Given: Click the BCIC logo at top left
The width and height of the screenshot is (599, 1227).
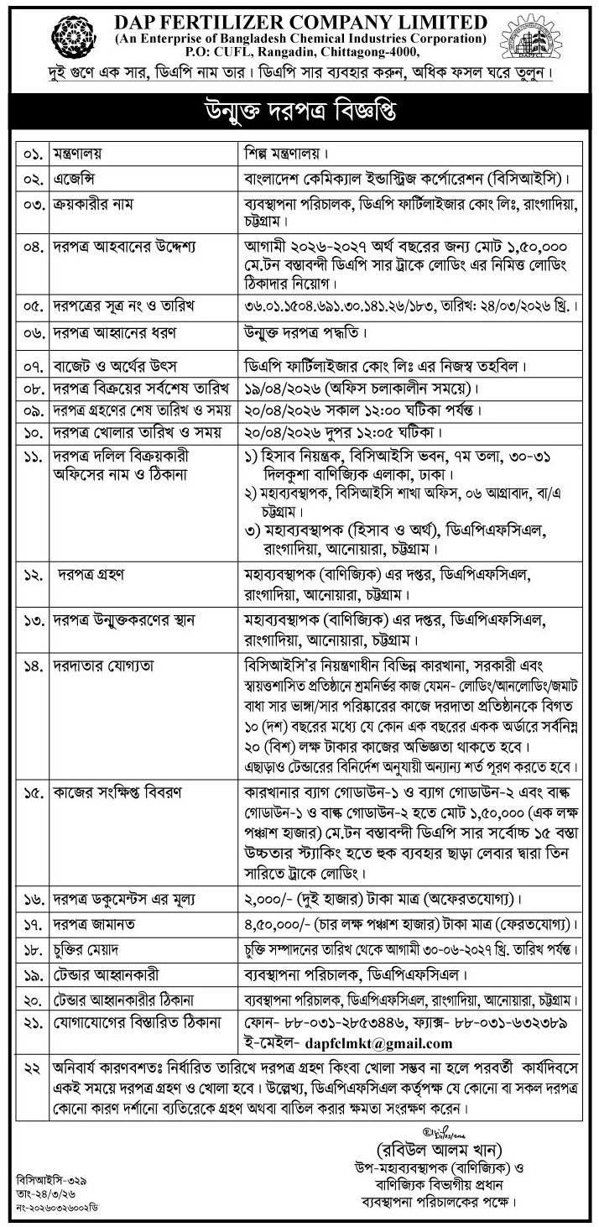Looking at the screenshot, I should [73, 37].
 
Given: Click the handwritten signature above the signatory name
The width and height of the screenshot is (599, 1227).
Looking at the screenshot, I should [437, 1122].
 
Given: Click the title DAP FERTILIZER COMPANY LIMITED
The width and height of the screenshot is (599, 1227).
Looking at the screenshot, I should [300, 21].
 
